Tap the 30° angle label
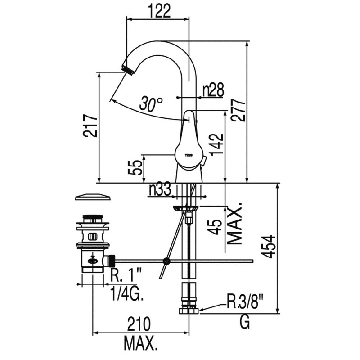(x=150, y=104)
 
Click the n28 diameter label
(x=212, y=90)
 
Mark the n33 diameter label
(x=160, y=190)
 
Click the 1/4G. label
(x=127, y=295)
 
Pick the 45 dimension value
(x=217, y=226)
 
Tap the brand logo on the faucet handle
(x=189, y=153)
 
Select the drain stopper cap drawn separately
(x=93, y=197)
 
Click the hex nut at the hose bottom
(x=189, y=310)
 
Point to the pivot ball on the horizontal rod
(x=167, y=260)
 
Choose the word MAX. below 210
(x=140, y=344)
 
